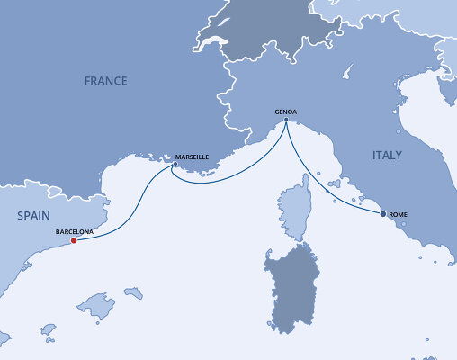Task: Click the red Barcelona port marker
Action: point(73,239)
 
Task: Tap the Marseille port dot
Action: point(175,164)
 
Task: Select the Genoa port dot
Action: point(285,121)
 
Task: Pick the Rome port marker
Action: point(383,214)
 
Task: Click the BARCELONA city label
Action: point(74,230)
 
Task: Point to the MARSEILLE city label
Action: point(193,157)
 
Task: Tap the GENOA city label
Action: point(285,112)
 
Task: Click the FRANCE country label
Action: point(105,81)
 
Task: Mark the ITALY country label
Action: point(387,156)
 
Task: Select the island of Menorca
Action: point(133,292)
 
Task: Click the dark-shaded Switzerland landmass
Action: point(261,36)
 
